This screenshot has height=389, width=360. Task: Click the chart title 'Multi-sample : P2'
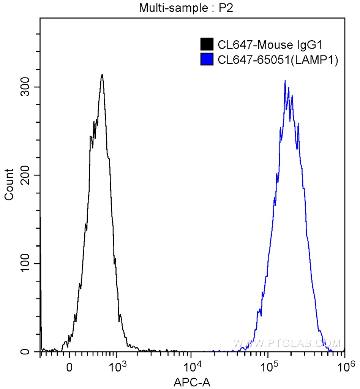[186, 8]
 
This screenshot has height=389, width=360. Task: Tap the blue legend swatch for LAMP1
[207, 59]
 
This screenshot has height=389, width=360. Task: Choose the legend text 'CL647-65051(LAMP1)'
[278, 60]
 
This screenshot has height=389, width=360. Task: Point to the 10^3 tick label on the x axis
[117, 366]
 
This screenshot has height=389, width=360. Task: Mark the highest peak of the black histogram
[102, 74]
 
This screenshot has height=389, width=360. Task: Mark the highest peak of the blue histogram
[285, 81]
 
